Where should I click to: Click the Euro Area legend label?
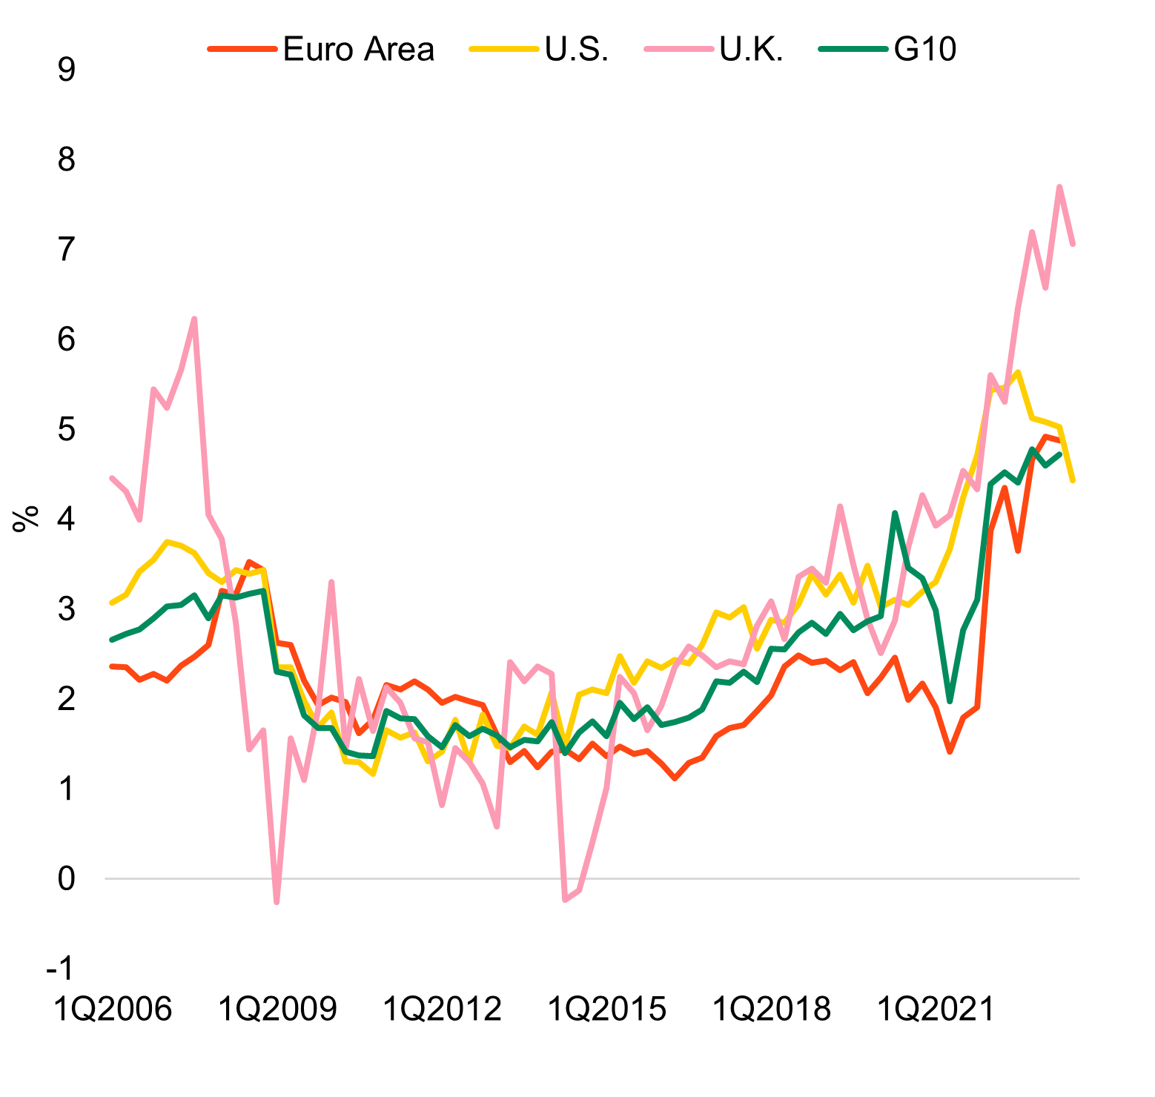[x=358, y=50]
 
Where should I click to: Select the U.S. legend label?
[x=577, y=50]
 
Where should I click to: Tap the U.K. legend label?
[x=751, y=50]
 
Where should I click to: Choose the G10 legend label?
[x=925, y=50]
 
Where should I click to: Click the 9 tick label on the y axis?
[x=66, y=70]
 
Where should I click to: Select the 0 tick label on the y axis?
[x=66, y=879]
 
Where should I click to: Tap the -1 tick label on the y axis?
[x=59, y=969]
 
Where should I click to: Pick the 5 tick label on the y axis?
[x=66, y=429]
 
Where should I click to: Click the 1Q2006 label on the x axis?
[x=113, y=1009]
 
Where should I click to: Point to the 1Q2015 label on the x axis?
[x=607, y=1009]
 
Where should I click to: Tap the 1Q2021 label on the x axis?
[x=935, y=1009]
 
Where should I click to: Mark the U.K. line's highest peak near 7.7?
[x=1059, y=187]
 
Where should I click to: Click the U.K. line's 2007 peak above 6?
[x=194, y=319]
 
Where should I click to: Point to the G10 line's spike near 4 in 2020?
[x=895, y=513]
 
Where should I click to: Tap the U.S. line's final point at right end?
[x=1073, y=480]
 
